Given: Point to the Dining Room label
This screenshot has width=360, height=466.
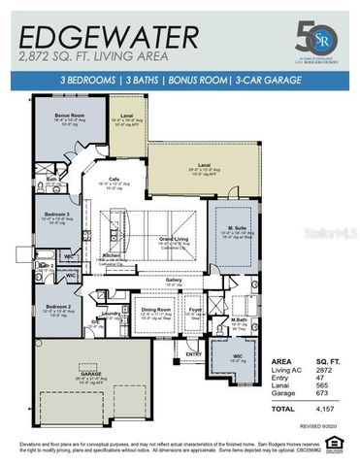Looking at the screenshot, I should (x=155, y=310).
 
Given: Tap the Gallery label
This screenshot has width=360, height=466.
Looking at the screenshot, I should (x=174, y=279).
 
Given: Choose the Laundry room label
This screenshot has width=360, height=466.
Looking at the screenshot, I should (x=110, y=313).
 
